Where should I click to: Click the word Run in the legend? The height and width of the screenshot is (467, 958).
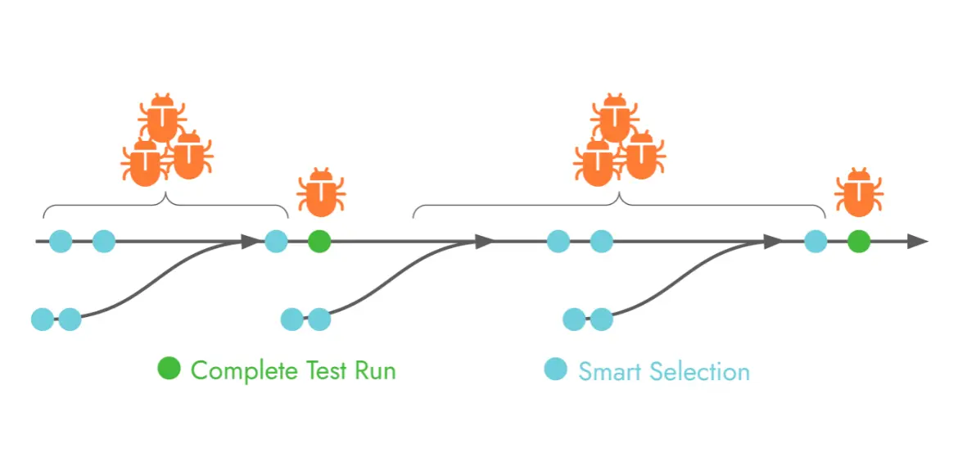coord(375,370)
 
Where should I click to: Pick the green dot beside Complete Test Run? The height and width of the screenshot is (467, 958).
coord(169,370)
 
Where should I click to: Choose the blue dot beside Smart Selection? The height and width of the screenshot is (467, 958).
coord(556,370)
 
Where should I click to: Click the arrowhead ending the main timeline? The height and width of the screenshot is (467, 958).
coord(919,242)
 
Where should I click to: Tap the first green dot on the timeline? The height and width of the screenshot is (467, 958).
coord(319,242)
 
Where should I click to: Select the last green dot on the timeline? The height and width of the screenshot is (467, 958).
coord(858,242)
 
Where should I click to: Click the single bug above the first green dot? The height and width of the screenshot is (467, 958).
coord(321,193)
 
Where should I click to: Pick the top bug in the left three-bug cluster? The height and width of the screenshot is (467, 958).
coord(163,118)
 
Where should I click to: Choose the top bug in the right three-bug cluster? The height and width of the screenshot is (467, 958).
coord(614,118)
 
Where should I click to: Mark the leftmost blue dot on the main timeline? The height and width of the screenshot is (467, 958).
coord(61,242)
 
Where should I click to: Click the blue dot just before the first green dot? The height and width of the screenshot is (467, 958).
coord(276,242)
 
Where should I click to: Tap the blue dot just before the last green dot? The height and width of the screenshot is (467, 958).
coord(816,242)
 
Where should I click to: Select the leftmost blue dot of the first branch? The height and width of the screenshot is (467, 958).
coord(42,319)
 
